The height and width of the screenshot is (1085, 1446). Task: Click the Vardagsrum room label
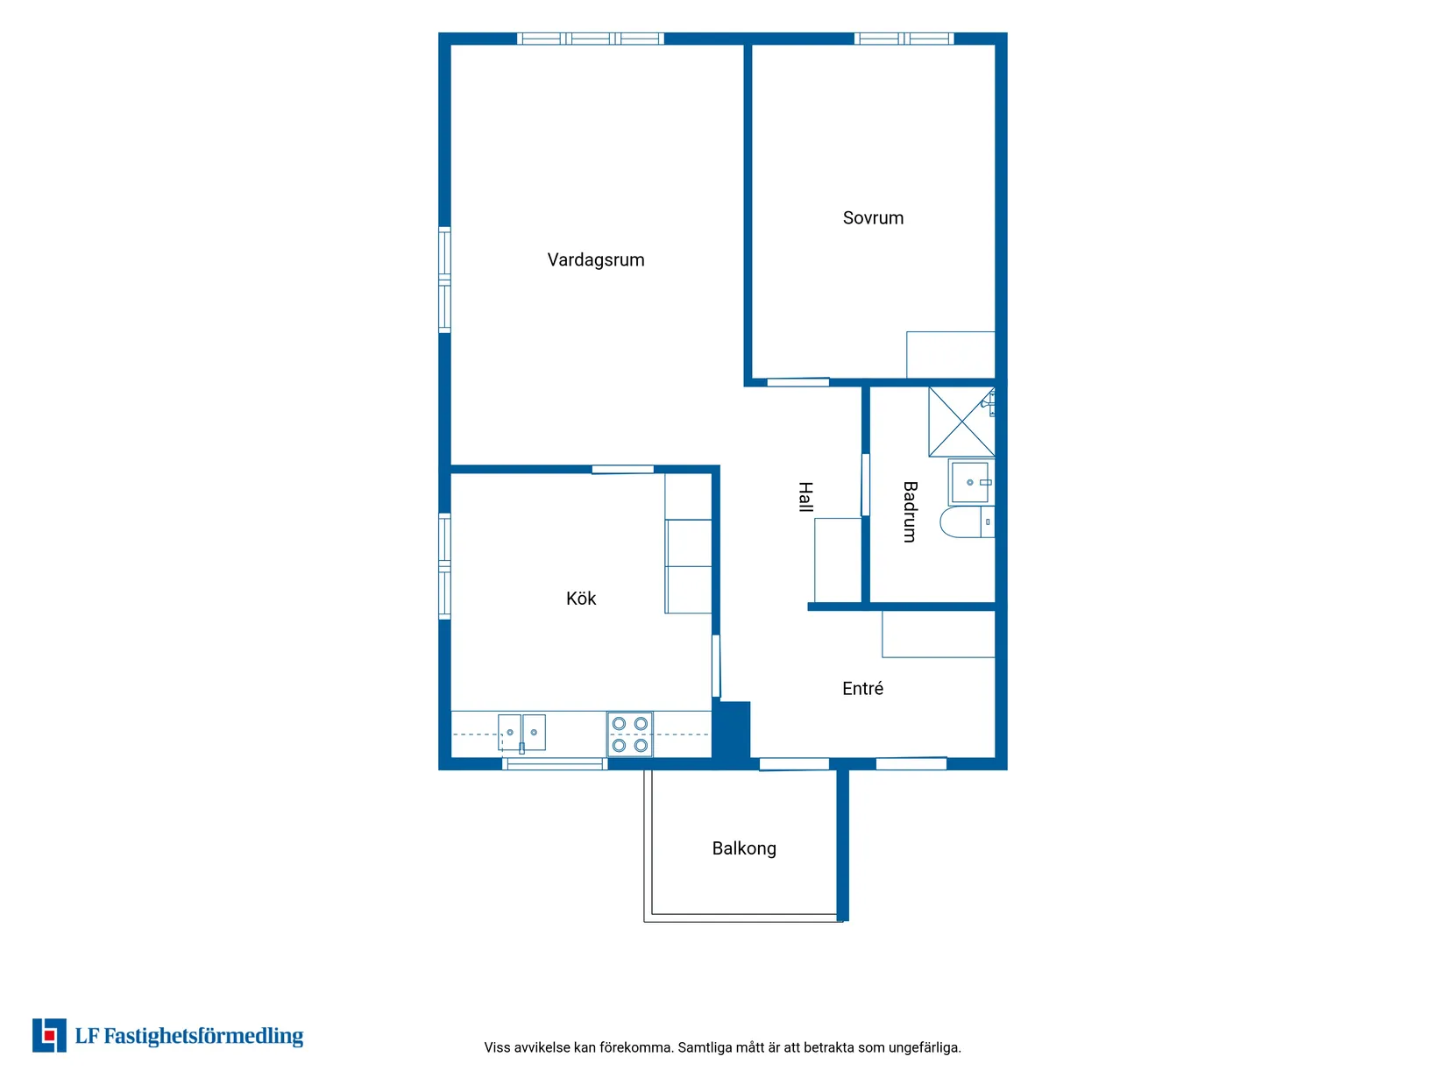[596, 260]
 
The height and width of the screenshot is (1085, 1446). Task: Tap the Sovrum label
[873, 218]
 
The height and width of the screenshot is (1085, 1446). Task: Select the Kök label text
[580, 598]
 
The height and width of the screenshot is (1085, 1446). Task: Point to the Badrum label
[910, 511]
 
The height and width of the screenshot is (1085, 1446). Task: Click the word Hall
[805, 497]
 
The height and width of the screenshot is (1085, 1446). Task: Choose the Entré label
[862, 688]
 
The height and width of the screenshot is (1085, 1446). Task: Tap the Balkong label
[744, 848]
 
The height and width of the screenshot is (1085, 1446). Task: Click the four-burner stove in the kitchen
[629, 734]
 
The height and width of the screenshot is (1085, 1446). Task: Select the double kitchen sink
[521, 733]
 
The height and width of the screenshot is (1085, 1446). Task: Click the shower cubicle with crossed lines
[961, 422]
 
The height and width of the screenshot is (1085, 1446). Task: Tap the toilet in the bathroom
[967, 521]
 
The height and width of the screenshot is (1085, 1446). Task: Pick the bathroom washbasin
[970, 482]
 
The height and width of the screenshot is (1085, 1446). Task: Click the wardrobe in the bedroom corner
[950, 354]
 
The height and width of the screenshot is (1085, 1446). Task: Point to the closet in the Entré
[938, 634]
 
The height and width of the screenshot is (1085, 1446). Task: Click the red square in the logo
[48, 1036]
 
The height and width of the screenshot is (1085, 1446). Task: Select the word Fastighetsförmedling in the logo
[203, 1036]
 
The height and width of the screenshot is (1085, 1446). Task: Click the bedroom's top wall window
[904, 39]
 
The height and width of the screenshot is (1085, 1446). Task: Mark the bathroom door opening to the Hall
[865, 485]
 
